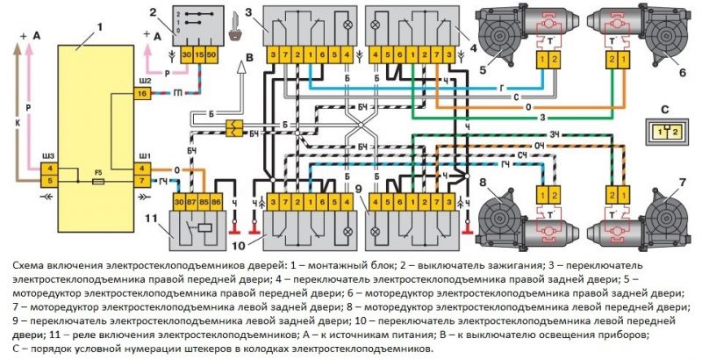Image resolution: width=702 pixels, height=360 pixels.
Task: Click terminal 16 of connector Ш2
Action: (x=142, y=96)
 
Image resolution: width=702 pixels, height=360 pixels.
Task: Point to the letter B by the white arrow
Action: (x=249, y=58)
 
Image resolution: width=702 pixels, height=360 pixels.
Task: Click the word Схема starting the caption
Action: (x=29, y=265)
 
